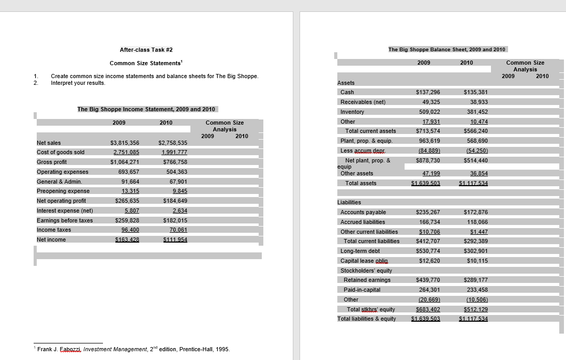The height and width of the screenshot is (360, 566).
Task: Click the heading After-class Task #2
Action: [x=146, y=50]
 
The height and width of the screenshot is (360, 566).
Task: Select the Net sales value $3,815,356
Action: [x=125, y=143]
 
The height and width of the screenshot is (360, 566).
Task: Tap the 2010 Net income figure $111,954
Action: [x=175, y=239]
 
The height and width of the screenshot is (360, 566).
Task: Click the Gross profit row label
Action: [x=52, y=162]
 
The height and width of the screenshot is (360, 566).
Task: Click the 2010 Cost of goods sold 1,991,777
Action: [x=174, y=152]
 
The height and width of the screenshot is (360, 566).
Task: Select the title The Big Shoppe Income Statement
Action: [x=146, y=109]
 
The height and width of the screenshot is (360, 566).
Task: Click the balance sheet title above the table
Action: [x=447, y=49]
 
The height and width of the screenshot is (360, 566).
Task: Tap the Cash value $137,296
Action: [x=428, y=92]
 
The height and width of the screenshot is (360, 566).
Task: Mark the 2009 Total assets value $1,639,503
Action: [x=425, y=183]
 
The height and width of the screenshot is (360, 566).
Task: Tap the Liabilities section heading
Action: [x=349, y=202]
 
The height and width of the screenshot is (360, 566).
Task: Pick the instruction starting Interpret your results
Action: [x=78, y=83]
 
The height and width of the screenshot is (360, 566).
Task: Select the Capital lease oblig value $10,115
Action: [x=477, y=261]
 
